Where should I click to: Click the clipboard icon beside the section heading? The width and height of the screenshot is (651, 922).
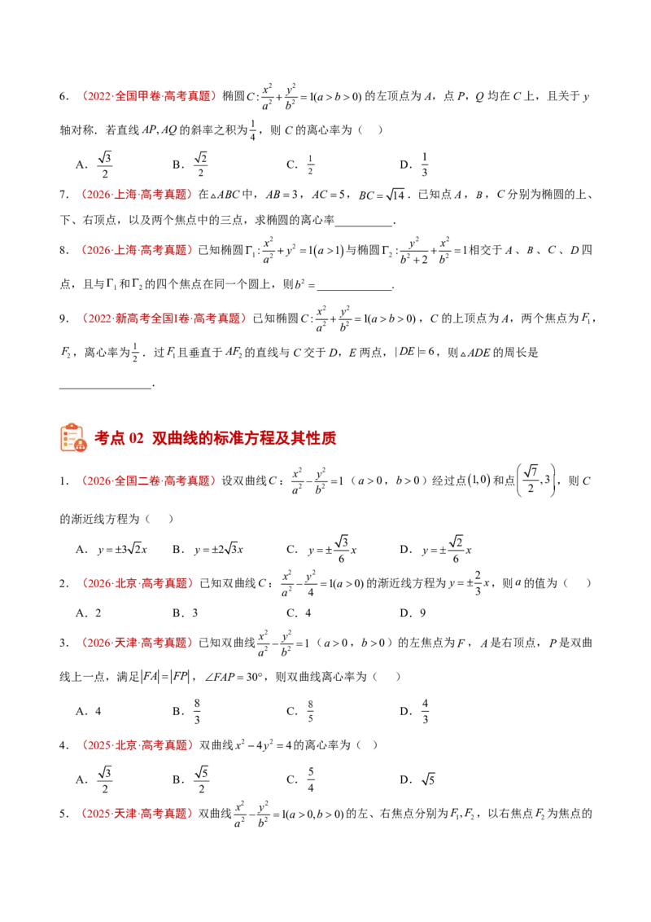point(73,437)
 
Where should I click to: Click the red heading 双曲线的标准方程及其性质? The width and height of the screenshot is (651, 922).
point(244,438)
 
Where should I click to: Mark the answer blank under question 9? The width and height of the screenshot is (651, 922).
point(106,385)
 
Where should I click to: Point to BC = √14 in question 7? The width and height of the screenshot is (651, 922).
point(382,195)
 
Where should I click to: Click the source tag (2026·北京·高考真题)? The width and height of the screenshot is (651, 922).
point(138,583)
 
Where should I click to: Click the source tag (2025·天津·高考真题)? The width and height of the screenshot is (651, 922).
point(137,814)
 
